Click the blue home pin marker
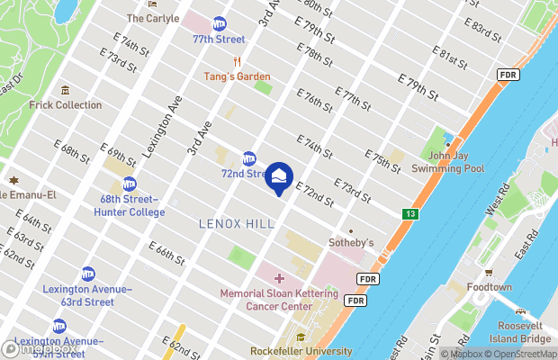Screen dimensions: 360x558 point(279,176)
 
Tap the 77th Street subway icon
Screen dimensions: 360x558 point(220,24)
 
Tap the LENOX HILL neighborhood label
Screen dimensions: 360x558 point(236,222)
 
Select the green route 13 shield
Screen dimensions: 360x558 point(410,213)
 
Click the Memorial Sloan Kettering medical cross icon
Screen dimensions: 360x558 point(279,277)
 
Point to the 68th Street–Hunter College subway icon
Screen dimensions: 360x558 point(130,184)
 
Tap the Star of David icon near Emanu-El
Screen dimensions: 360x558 point(13,179)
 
